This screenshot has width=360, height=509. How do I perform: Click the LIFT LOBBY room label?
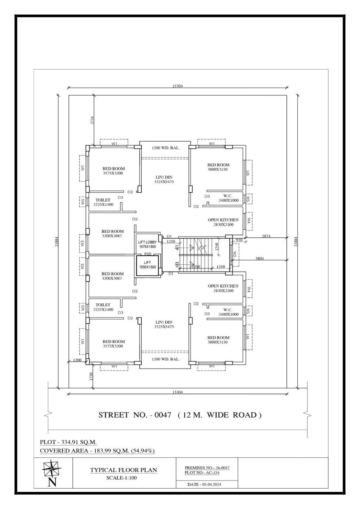point(147,242)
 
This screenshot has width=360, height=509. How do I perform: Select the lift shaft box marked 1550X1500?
point(148,265)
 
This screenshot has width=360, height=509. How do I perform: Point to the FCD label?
point(148,253)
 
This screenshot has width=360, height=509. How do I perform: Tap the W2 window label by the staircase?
point(235,255)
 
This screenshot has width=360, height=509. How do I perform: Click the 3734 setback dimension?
point(92,120)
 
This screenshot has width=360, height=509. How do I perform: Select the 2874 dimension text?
point(267,236)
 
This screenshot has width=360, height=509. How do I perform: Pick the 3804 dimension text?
point(263,258)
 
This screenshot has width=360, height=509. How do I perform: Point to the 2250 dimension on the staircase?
point(196,267)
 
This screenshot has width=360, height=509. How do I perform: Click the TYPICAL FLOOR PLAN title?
point(123,470)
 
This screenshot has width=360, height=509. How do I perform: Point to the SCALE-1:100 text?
point(123,478)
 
